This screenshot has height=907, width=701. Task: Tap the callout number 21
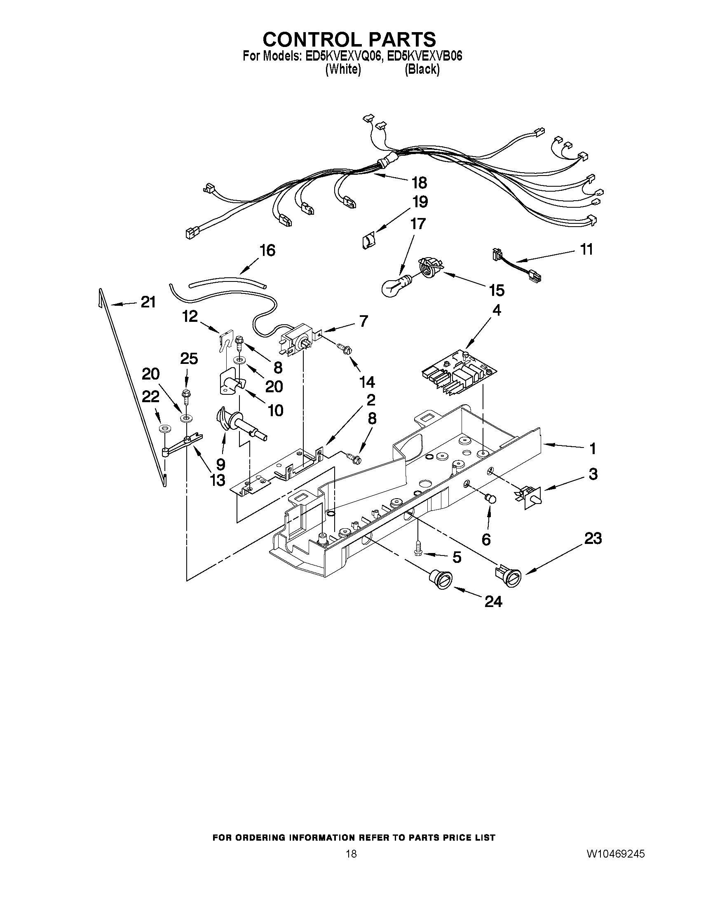(x=148, y=302)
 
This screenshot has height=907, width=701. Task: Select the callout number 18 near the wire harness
(x=419, y=182)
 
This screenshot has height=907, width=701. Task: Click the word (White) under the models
(x=342, y=70)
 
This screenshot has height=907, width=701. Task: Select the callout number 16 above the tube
(x=267, y=251)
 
